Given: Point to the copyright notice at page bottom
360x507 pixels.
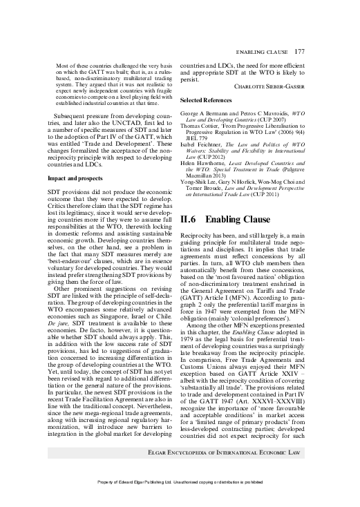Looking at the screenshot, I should pos(180,500).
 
